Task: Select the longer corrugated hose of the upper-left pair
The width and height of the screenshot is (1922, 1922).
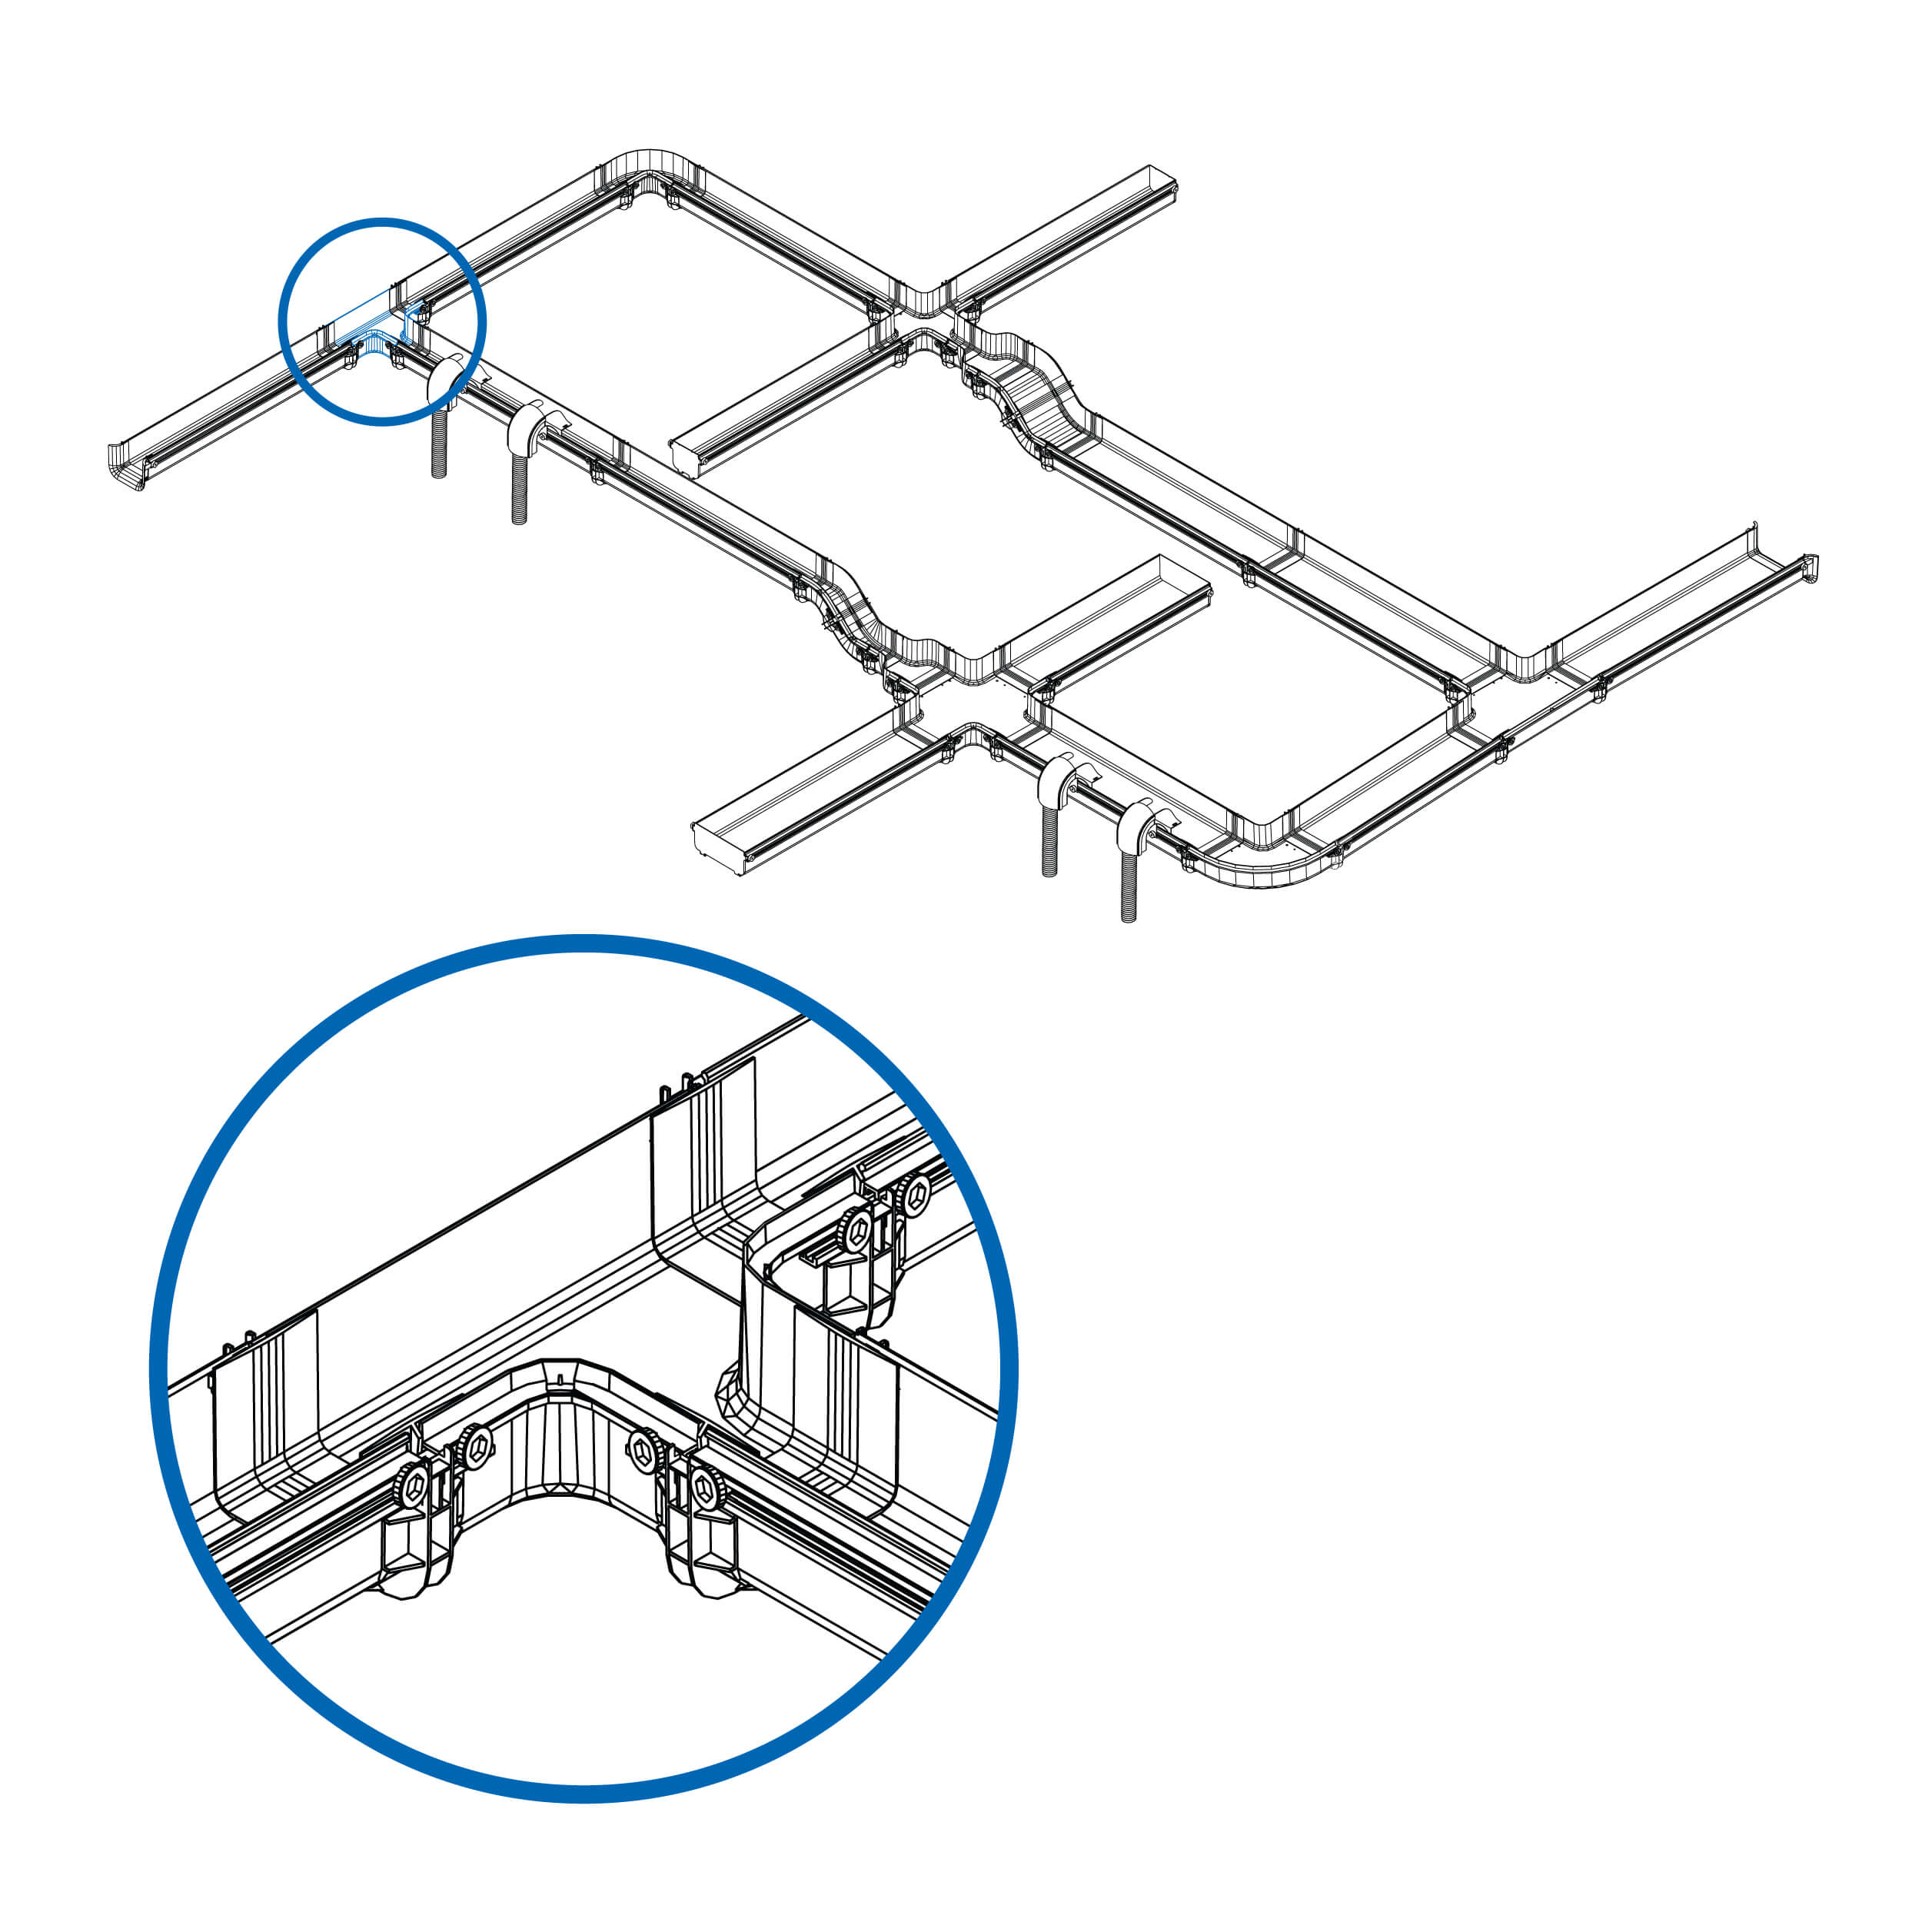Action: pos(518,487)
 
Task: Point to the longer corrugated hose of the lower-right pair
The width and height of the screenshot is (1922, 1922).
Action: pos(1128,886)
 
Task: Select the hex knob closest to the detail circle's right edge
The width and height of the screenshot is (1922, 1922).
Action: pos(913,1194)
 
